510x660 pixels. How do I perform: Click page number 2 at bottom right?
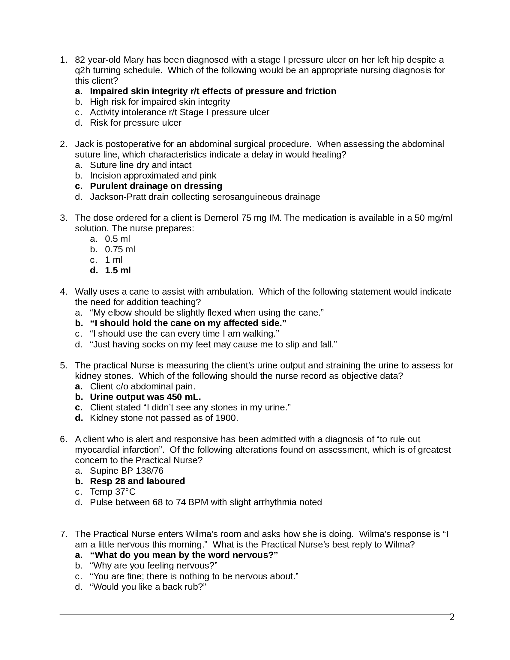452,617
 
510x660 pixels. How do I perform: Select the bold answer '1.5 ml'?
118,270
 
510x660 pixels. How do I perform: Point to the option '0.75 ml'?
120,249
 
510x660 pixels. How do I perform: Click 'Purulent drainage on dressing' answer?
156,186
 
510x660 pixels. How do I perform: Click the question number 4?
63,291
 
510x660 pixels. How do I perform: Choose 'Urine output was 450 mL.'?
145,397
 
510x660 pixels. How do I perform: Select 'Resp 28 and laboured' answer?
137,481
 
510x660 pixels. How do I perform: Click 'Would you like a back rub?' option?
148,587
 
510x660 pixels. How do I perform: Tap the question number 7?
63,534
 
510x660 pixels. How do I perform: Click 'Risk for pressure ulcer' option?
135,123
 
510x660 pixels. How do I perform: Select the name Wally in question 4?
86,291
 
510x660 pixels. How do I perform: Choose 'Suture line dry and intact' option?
140,165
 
